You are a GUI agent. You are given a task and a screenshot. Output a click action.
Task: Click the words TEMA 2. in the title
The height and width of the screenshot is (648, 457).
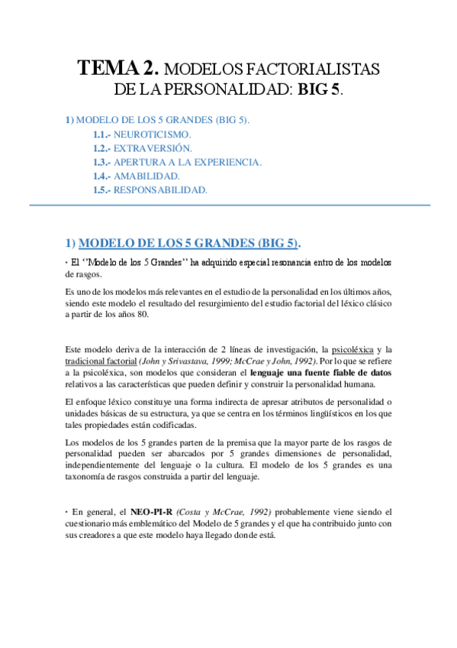119,69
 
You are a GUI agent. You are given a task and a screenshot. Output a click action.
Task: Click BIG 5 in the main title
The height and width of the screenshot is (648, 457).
319,89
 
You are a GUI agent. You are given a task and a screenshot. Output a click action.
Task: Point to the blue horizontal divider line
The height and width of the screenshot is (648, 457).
229,205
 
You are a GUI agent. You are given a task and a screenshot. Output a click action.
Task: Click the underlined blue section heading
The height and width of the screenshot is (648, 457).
183,243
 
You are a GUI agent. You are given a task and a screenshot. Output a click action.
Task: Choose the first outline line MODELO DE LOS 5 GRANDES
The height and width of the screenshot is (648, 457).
158,120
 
